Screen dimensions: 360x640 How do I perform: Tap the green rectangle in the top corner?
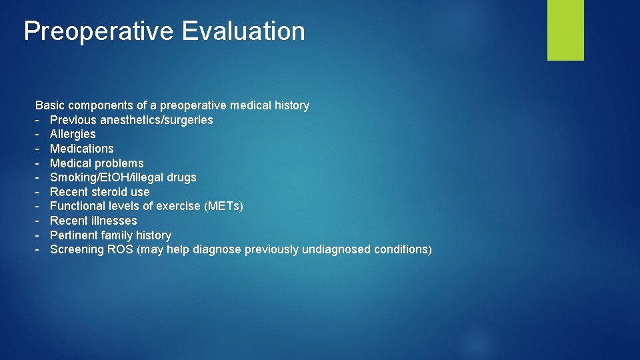(565, 30)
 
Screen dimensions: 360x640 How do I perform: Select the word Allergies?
(73, 134)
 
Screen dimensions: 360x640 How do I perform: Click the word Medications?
(81, 149)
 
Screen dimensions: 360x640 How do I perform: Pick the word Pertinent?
(73, 235)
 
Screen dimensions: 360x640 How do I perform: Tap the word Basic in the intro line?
(50, 105)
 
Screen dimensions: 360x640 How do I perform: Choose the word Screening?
(77, 249)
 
